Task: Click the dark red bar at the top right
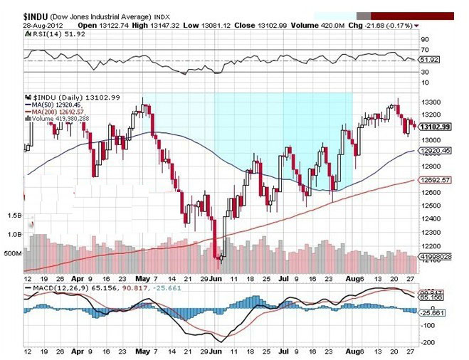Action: pos(412,16)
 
